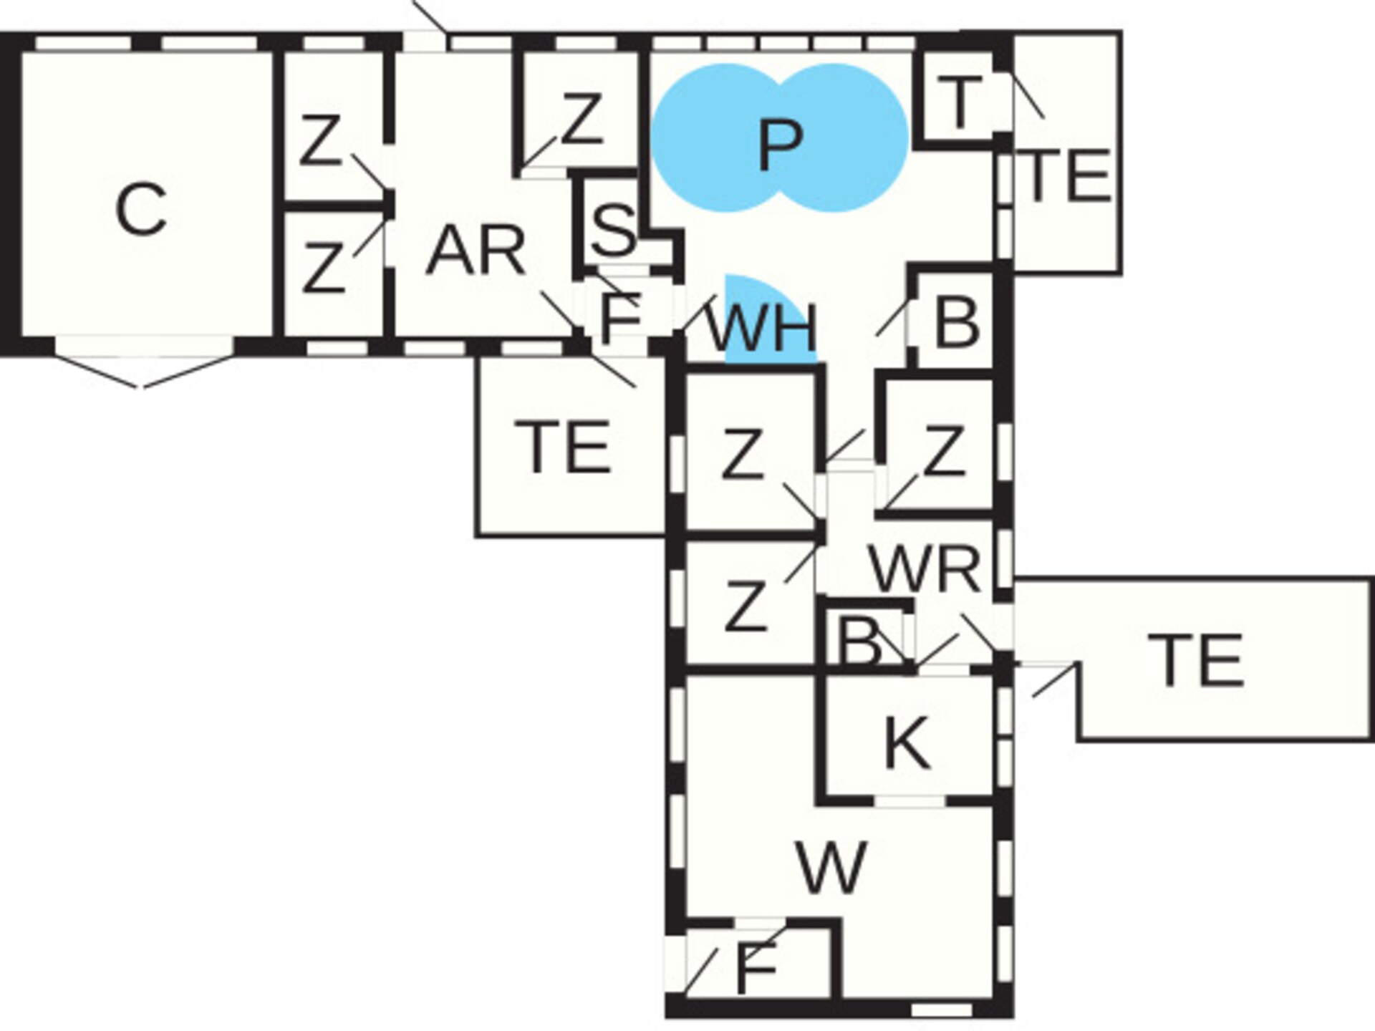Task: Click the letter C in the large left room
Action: (141, 208)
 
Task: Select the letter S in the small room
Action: (614, 229)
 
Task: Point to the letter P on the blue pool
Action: (780, 145)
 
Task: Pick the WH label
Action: (761, 327)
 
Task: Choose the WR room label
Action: (925, 569)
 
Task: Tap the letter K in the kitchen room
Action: (908, 742)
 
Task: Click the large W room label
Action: (832, 867)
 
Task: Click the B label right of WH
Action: (957, 323)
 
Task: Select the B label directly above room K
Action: (860, 642)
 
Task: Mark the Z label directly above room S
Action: (581, 120)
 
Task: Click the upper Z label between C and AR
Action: (319, 140)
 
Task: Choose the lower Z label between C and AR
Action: (323, 268)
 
